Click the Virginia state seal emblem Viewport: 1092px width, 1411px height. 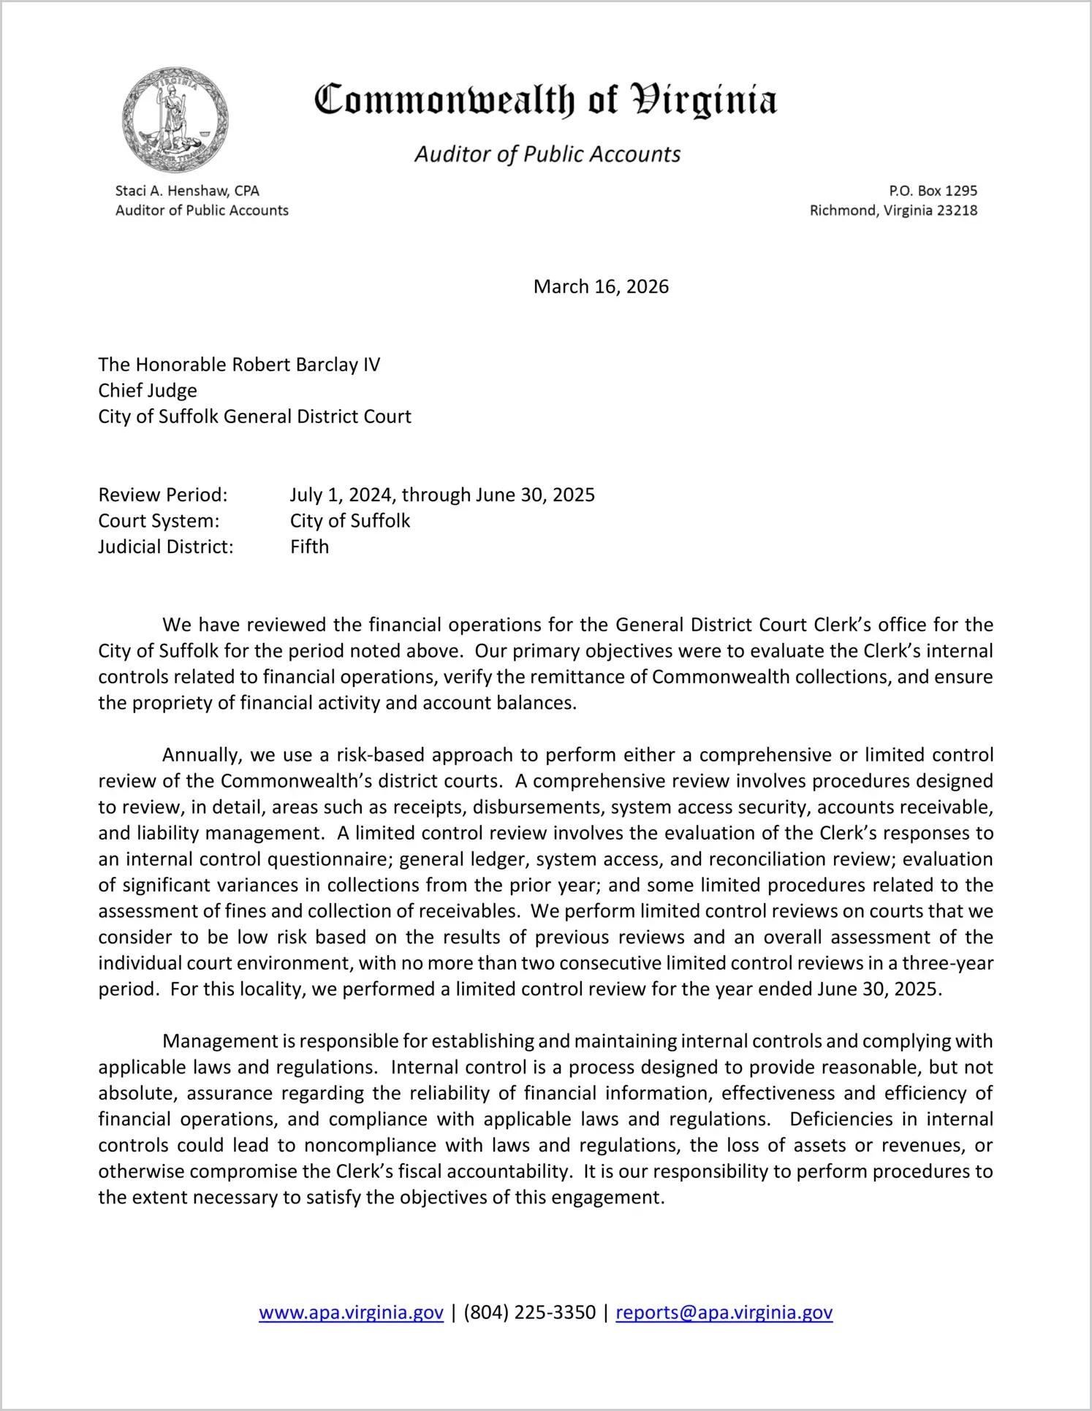click(x=175, y=120)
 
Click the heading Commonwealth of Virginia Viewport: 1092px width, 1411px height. click(x=545, y=101)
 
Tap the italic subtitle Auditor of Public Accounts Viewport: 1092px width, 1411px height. click(x=547, y=154)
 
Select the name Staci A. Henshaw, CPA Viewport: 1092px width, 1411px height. click(x=187, y=191)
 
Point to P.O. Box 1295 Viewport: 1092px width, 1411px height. click(x=933, y=191)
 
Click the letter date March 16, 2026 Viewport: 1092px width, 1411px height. click(x=601, y=286)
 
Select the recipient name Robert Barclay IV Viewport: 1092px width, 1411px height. click(x=306, y=365)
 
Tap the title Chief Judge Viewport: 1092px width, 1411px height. click(x=148, y=390)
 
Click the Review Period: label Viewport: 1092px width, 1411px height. click(x=163, y=495)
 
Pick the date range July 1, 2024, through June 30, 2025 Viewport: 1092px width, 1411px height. click(x=442, y=495)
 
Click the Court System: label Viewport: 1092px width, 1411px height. click(x=159, y=521)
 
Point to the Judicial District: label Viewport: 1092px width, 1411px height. click(x=166, y=547)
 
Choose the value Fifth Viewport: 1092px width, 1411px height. click(x=309, y=547)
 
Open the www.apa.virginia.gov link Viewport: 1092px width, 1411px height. click(x=351, y=1312)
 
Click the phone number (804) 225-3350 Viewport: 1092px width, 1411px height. click(x=529, y=1312)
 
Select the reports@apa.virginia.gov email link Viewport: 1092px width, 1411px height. click(x=724, y=1312)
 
